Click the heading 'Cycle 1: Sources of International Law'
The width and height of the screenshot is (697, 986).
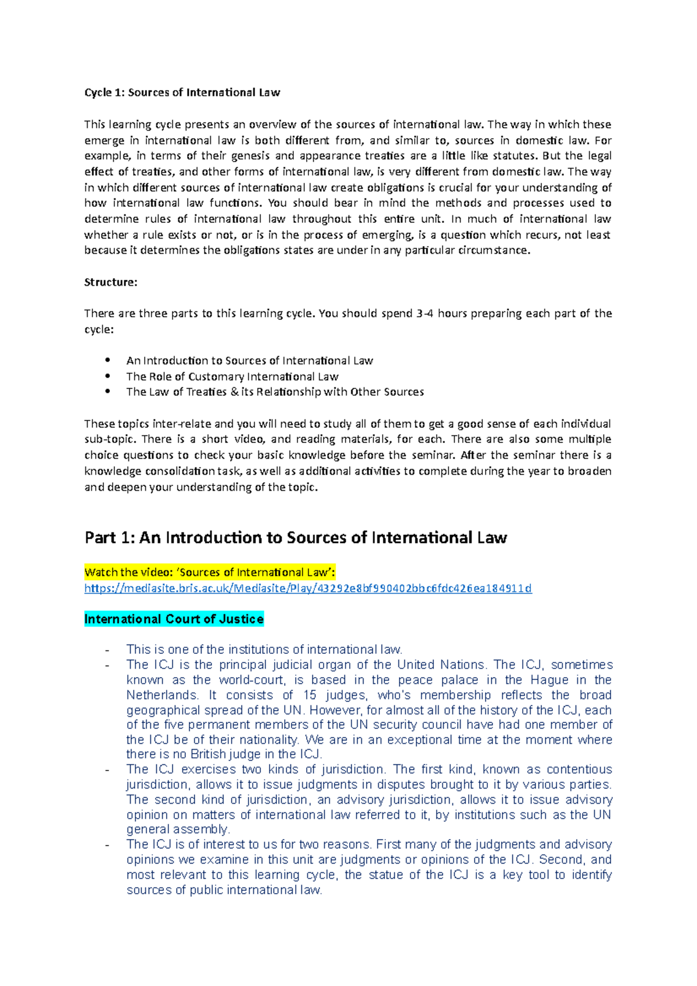pyautogui.click(x=182, y=92)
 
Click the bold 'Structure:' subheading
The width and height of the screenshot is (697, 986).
pyautogui.click(x=110, y=282)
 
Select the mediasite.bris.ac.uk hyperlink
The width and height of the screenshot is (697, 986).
pyautogui.click(x=308, y=588)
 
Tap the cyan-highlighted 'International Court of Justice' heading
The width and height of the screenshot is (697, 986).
pyautogui.click(x=174, y=619)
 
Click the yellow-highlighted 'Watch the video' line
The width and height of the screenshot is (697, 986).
pyautogui.click(x=210, y=572)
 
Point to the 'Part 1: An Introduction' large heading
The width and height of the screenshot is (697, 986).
pyautogui.click(x=296, y=537)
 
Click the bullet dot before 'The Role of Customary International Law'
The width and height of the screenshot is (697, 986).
pyautogui.click(x=107, y=376)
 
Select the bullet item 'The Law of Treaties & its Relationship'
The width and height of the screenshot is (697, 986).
pyautogui.click(x=275, y=392)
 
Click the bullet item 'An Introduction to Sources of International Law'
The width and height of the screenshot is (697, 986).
pyautogui.click(x=250, y=361)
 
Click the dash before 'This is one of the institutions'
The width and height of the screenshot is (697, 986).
pyautogui.click(x=107, y=650)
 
